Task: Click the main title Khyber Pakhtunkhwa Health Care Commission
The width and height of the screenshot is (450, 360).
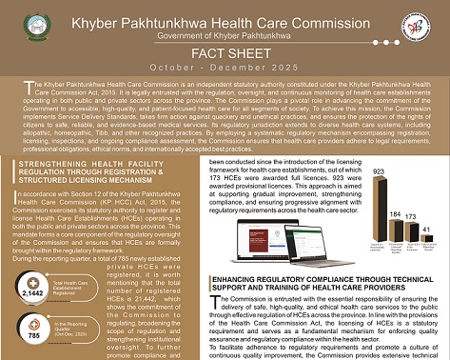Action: (x=225, y=16)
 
